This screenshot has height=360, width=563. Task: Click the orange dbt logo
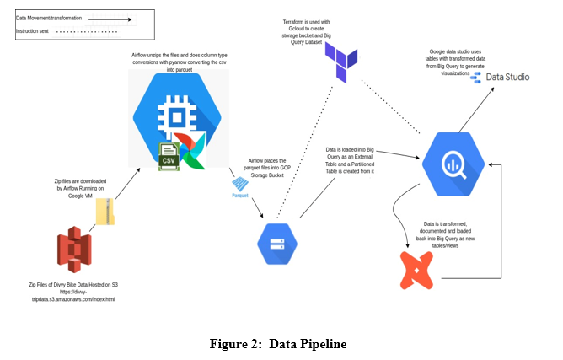(x=416, y=266)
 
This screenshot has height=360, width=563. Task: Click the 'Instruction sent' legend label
(x=38, y=32)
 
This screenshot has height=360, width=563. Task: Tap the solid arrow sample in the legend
(x=109, y=17)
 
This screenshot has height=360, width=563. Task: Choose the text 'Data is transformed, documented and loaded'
(x=443, y=234)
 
